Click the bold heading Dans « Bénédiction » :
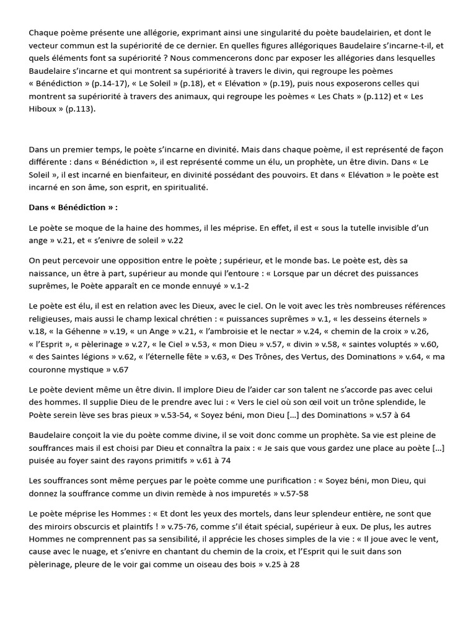(x=73, y=206)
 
